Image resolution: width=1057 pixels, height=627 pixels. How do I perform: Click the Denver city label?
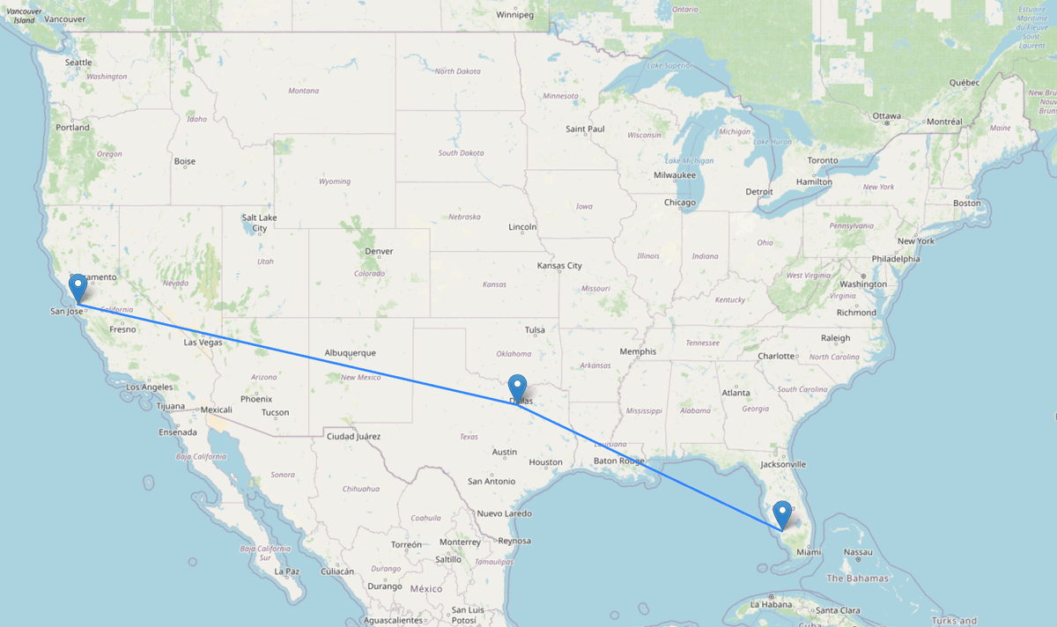point(379,251)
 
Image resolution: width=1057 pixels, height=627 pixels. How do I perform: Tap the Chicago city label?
point(680,203)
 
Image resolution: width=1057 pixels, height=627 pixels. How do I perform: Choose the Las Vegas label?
point(203,342)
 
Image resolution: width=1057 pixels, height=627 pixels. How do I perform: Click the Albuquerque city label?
point(350,352)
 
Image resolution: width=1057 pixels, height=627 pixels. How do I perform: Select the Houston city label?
point(545,462)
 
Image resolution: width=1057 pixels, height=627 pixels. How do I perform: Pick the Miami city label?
point(809,552)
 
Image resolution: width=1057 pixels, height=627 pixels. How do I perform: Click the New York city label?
point(915,241)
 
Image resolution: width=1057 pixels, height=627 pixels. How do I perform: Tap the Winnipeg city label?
point(515,15)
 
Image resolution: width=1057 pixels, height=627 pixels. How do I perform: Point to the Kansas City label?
point(559,265)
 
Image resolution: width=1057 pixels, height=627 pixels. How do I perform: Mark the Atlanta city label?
point(735,393)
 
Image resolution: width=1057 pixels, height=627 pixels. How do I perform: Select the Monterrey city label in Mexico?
point(459,542)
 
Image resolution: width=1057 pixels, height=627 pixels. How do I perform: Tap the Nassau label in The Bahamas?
point(857,552)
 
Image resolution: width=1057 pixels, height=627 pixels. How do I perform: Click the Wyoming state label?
point(335,181)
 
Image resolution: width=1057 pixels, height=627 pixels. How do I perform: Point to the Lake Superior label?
point(667,65)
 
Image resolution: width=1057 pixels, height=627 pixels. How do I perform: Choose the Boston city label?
point(966,203)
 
